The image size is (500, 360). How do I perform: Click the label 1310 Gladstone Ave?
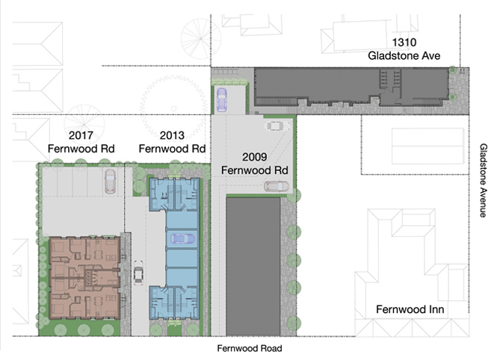pos(404,49)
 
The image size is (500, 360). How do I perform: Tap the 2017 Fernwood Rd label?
pos(81,142)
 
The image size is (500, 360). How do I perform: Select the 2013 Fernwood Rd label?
pos(172,142)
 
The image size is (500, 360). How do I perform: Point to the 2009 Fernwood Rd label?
pos(254,164)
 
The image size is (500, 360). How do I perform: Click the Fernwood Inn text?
pos(410,309)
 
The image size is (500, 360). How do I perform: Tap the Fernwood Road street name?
pos(250,348)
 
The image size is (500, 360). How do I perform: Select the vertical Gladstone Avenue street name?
pos(484,180)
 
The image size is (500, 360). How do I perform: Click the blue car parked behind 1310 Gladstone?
pos(222,100)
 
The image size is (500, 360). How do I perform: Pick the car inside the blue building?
pos(182,238)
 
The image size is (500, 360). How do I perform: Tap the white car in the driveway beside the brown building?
pos(138,272)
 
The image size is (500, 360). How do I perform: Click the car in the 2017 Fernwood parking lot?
pos(110,181)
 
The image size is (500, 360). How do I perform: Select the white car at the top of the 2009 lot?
pos(277,125)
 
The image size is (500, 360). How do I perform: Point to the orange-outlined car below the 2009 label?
pos(277,186)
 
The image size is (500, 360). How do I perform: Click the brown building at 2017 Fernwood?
pos(84,278)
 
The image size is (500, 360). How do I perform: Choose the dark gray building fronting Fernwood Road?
pos(253,267)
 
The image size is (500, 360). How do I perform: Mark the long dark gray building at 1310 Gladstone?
pos(351,87)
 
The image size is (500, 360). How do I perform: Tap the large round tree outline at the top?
pos(201,39)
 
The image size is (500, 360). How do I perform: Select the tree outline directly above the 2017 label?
pos(84,125)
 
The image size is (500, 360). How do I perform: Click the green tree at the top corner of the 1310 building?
pos(452,69)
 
